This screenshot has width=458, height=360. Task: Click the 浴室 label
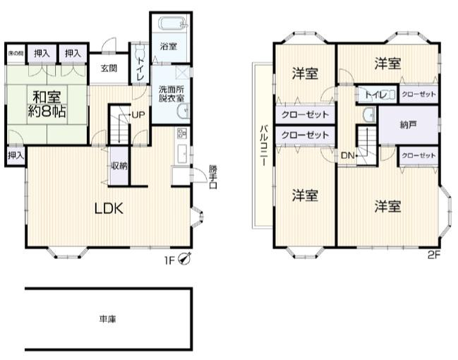pos(168,47)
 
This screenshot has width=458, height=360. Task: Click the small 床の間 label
pos(15,52)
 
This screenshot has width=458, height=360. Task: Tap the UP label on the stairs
pos(138,114)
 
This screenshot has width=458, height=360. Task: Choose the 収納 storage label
pos(119,166)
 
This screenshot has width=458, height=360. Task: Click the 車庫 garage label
pos(108,318)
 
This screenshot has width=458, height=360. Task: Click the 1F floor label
pos(170,259)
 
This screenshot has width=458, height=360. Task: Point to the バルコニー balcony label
pos(263,145)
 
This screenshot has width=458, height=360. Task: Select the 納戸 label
pos(408,125)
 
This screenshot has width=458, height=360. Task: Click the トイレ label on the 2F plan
pos(375,94)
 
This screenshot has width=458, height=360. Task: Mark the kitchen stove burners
pos(181,133)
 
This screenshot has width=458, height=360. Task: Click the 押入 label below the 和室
pos(15,155)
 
